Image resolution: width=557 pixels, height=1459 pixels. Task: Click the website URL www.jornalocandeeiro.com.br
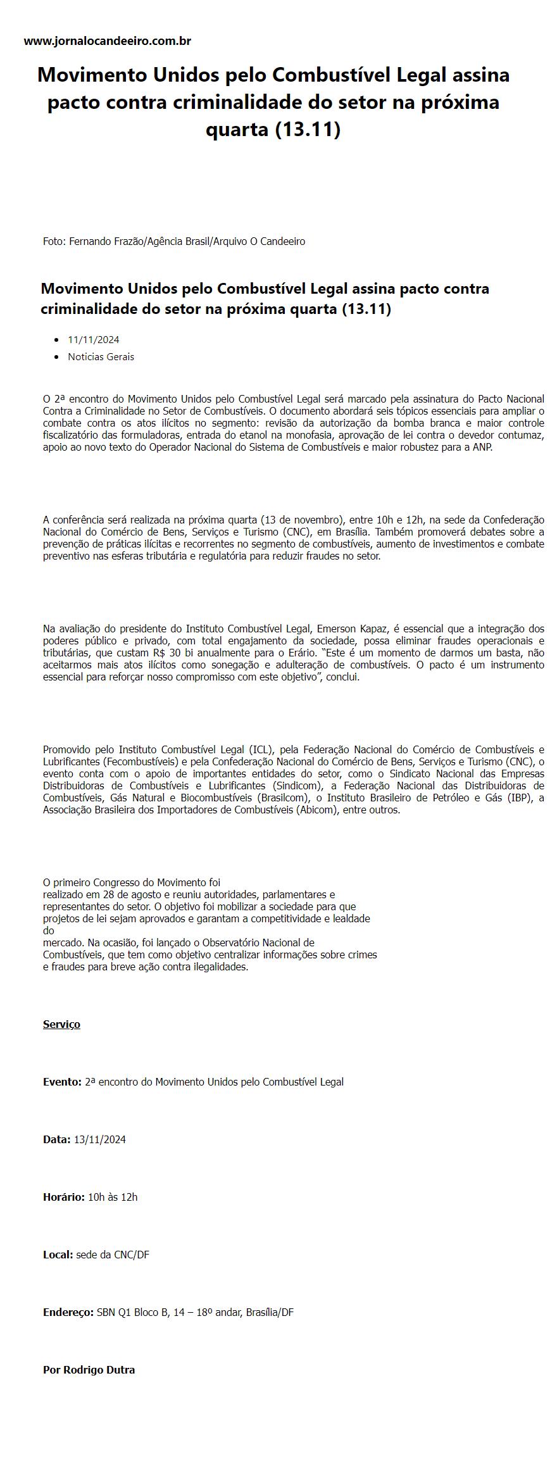click(x=108, y=41)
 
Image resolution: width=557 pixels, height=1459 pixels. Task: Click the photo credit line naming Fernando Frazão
click(x=174, y=241)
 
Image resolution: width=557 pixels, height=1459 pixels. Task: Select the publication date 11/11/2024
click(x=94, y=340)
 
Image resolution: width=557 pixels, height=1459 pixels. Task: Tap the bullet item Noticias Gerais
click(x=101, y=356)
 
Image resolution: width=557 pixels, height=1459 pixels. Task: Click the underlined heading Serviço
click(x=61, y=1024)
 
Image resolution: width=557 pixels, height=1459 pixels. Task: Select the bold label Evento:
click(x=62, y=1082)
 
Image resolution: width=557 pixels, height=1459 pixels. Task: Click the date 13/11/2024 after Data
click(x=100, y=1139)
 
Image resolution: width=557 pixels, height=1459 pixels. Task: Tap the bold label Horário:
click(x=63, y=1197)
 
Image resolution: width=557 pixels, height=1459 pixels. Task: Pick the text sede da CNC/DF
click(x=113, y=1255)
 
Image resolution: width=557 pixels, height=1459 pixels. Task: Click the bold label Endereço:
click(x=68, y=1312)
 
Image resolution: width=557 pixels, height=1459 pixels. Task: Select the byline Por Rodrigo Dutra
click(x=89, y=1370)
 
